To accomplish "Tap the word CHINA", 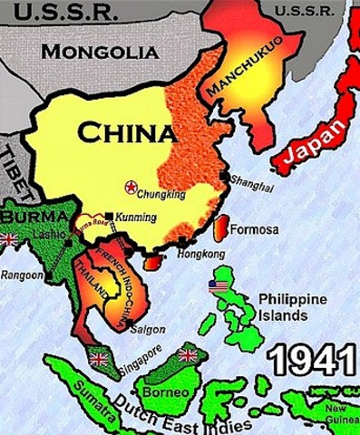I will [x=126, y=134].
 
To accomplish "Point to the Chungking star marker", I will [x=131, y=187].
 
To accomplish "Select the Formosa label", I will [x=254, y=229].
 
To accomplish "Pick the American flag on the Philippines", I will [x=218, y=286].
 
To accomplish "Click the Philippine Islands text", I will [x=292, y=306].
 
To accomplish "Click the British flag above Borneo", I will [x=188, y=354].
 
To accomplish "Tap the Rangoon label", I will [x=19, y=275].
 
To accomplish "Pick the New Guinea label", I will [x=341, y=413].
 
